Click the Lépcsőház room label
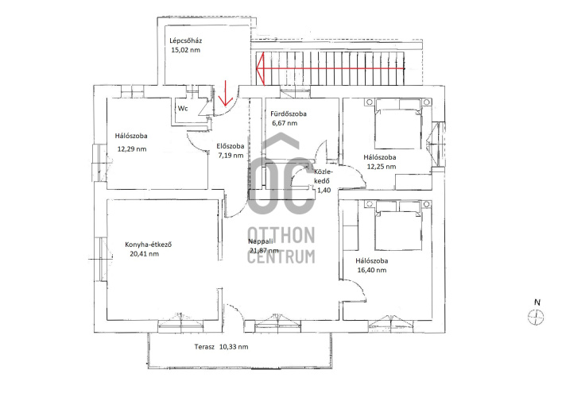(x=186, y=40)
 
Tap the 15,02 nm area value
(x=186, y=50)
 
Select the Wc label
(x=183, y=108)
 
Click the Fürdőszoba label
(x=289, y=114)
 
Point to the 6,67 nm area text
(x=285, y=123)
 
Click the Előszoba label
(x=231, y=146)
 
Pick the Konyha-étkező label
(x=149, y=245)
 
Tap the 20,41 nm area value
(x=145, y=254)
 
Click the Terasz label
(x=204, y=346)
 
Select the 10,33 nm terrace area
(x=234, y=346)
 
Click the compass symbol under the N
(x=536, y=318)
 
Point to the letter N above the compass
(x=537, y=303)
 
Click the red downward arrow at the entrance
(x=226, y=94)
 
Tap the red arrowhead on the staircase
(x=260, y=69)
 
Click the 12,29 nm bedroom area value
(x=132, y=149)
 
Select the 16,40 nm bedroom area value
(x=372, y=270)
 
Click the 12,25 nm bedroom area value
(x=382, y=167)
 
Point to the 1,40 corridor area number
(x=324, y=191)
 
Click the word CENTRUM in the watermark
(x=281, y=256)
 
